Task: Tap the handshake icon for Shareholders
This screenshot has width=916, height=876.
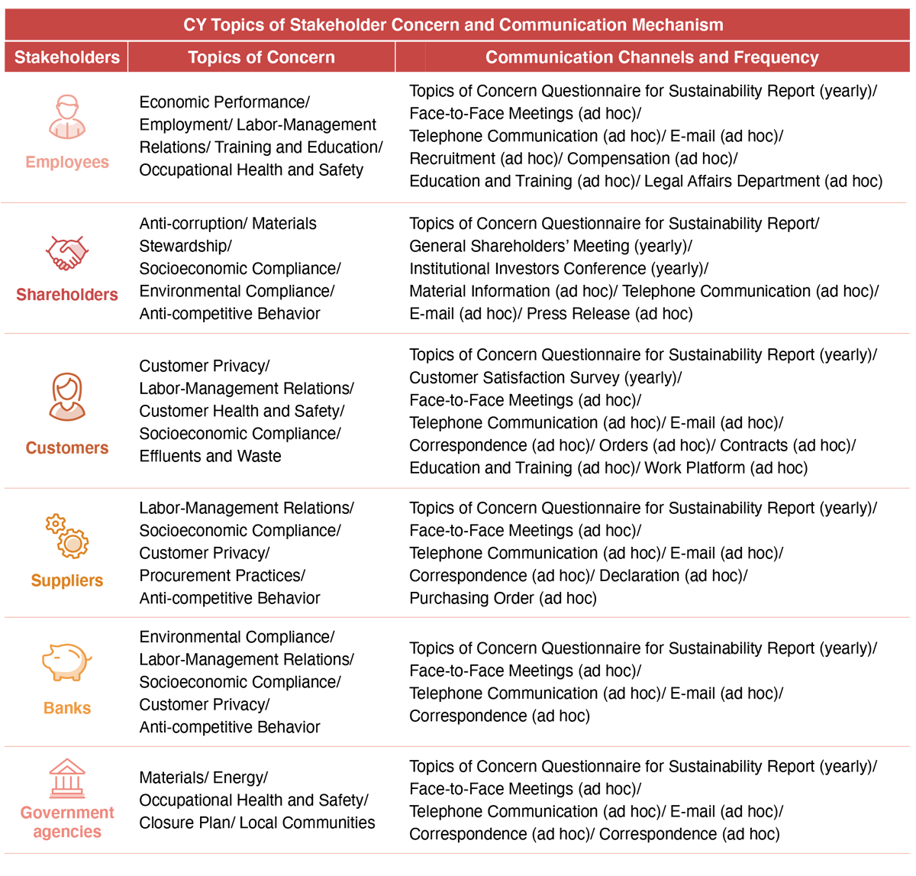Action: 67,253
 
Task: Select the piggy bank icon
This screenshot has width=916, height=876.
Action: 66,661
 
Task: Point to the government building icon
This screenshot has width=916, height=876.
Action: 67,778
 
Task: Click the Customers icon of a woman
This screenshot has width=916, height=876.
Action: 67,396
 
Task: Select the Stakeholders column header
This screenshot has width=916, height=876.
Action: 67,57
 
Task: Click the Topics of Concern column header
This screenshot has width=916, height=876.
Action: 261,57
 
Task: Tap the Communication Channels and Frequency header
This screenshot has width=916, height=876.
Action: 652,57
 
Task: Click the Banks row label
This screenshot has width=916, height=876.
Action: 67,708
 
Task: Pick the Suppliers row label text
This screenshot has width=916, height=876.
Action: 67,580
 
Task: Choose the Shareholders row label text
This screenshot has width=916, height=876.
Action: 67,295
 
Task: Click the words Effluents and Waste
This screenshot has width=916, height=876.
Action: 210,456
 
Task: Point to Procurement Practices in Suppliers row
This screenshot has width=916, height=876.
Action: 221,576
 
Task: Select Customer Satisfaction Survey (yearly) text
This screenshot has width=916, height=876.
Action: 544,378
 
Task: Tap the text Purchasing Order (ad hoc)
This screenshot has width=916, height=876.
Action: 503,598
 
